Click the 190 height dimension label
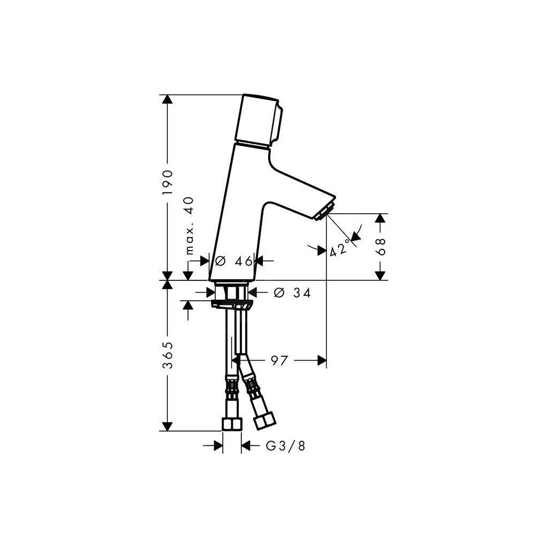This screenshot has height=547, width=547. (x=168, y=183)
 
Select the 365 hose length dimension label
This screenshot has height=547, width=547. (x=168, y=355)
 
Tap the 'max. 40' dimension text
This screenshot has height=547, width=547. (x=189, y=225)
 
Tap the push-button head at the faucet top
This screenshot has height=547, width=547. (x=261, y=120)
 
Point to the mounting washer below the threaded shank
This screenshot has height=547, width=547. (x=232, y=305)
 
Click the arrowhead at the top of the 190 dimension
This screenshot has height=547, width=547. (x=168, y=100)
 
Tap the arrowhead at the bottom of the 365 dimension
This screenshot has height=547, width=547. (x=168, y=426)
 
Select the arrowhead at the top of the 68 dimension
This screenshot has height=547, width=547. (x=380, y=218)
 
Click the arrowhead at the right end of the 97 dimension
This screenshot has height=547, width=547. (x=322, y=361)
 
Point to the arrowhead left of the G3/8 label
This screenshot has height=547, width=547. (x=218, y=446)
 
